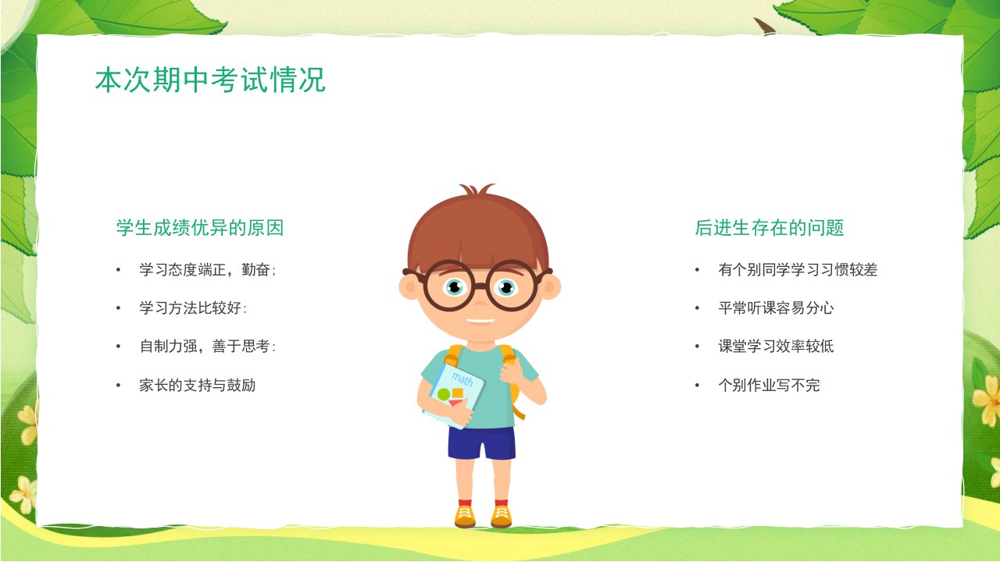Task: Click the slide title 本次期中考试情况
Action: pyautogui.click(x=210, y=80)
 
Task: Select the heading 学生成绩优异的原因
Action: pyautogui.click(x=200, y=227)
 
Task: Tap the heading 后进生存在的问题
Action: pyautogui.click(x=770, y=227)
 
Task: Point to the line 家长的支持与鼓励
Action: pyautogui.click(x=198, y=385)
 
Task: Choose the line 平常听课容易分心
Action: pyautogui.click(x=776, y=308)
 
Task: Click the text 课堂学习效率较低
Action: pyautogui.click(x=776, y=346)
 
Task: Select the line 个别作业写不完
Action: pyautogui.click(x=769, y=385)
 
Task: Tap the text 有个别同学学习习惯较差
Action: pyautogui.click(x=798, y=269)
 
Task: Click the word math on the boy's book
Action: pyautogui.click(x=462, y=379)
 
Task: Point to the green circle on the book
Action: pyautogui.click(x=443, y=394)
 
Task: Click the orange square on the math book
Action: pyautogui.click(x=457, y=393)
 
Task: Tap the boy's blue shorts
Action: pyautogui.click(x=482, y=443)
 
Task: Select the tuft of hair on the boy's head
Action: pyautogui.click(x=477, y=189)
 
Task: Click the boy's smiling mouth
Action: pyautogui.click(x=480, y=321)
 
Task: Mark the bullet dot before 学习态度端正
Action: pyautogui.click(x=118, y=270)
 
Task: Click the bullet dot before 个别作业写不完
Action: pyautogui.click(x=698, y=386)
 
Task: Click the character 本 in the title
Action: pyautogui.click(x=109, y=80)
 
